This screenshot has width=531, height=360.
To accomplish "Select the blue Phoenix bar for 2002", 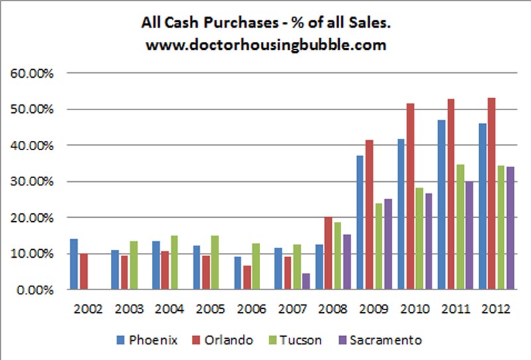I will tap(74, 264).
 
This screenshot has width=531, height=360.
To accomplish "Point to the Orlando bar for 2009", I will tap(368, 215).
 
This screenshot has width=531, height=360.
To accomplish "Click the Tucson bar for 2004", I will tap(174, 263).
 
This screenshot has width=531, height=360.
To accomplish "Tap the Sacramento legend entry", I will tap(384, 340).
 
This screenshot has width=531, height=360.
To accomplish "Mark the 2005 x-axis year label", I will tap(209, 309).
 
